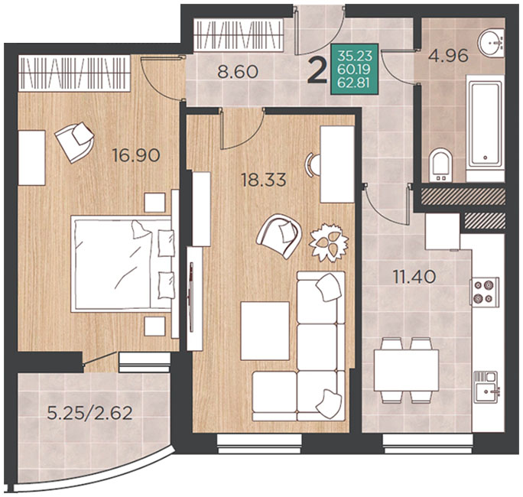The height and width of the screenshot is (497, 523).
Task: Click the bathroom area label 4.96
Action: pyautogui.click(x=448, y=56)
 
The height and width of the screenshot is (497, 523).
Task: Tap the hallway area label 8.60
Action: pyautogui.click(x=238, y=72)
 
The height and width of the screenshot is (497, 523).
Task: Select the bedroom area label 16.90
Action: pyautogui.click(x=136, y=155)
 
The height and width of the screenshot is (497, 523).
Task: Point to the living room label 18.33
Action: pyautogui.click(x=264, y=180)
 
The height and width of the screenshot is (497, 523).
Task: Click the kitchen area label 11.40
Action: pyautogui.click(x=414, y=277)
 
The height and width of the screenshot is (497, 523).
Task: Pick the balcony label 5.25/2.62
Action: pyautogui.click(x=89, y=414)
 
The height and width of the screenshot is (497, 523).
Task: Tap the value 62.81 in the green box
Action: pyautogui.click(x=353, y=82)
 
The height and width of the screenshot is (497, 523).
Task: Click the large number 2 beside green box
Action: pyautogui.click(x=317, y=70)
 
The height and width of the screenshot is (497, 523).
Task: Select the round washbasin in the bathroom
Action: pyautogui.click(x=491, y=43)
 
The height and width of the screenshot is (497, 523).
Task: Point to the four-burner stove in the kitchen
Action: pyautogui.click(x=484, y=291)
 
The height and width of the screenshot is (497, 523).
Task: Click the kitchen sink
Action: pyautogui.click(x=486, y=387)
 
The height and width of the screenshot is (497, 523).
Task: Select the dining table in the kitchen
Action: pyautogui.click(x=406, y=370)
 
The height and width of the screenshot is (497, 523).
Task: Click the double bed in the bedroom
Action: pyautogui.click(x=122, y=264)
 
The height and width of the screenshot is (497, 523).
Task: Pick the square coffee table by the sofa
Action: pyautogui.click(x=265, y=330)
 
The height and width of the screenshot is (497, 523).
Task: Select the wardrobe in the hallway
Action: pyautogui.click(x=238, y=35)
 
